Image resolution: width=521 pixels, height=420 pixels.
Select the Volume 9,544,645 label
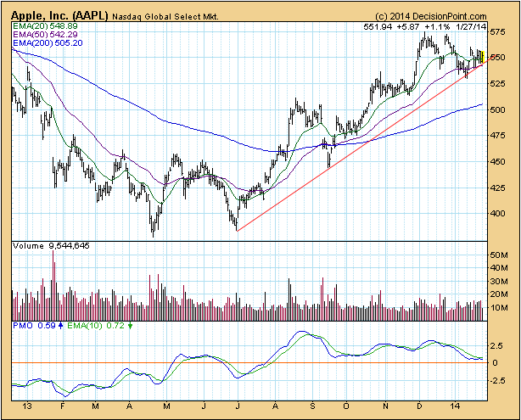51,245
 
